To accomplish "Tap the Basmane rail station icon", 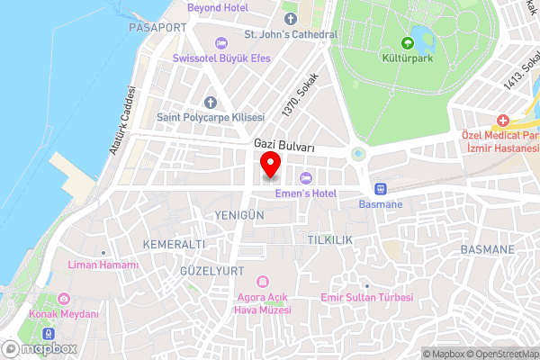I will (380, 189).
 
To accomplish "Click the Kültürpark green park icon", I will (408, 42).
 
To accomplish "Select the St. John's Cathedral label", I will (291, 35).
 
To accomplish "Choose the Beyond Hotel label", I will (217, 7).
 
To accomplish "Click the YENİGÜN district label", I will (240, 216).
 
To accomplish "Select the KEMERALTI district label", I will (175, 244).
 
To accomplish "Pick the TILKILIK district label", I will (329, 240).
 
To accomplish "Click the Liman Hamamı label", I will (104, 265).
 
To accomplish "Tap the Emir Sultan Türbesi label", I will (366, 297).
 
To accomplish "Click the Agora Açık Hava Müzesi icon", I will (263, 282).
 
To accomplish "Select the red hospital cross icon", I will (502, 121).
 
